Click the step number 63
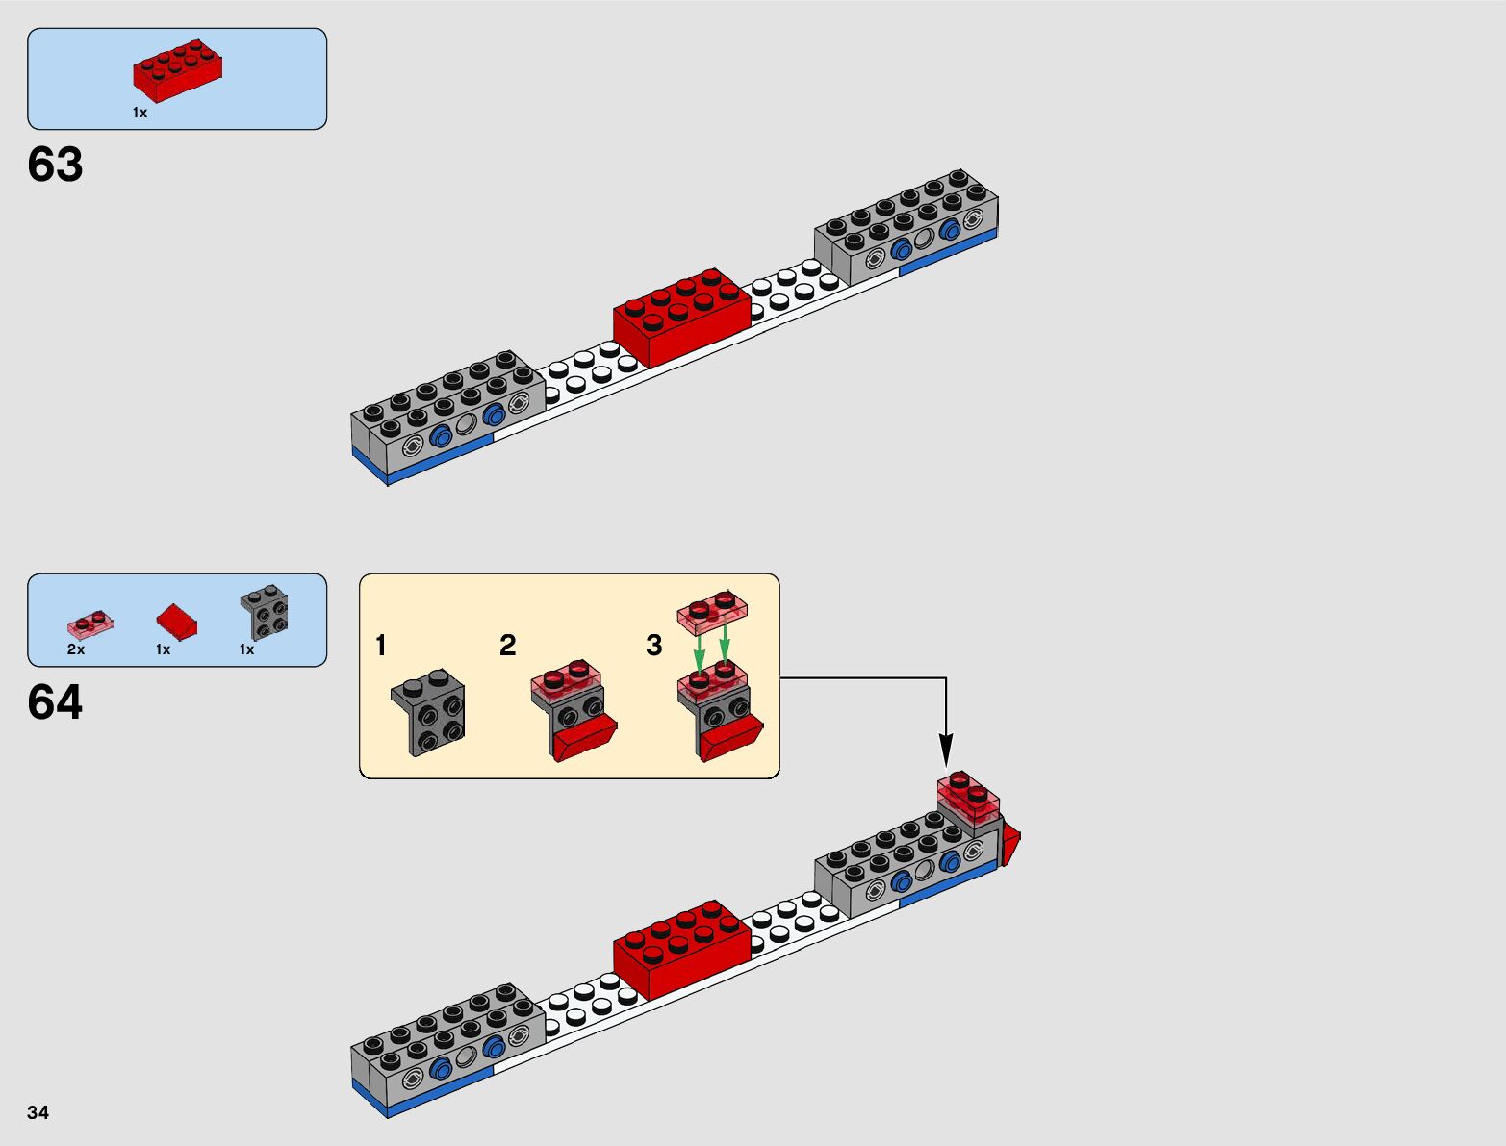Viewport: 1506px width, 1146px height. point(55,165)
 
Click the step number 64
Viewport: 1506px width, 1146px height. point(55,702)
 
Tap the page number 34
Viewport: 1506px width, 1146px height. point(38,1112)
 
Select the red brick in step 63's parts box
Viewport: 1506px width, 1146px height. point(177,70)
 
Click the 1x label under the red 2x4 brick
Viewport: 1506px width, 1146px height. point(140,113)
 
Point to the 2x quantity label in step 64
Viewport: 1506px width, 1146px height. point(75,649)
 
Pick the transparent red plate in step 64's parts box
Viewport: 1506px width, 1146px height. point(89,624)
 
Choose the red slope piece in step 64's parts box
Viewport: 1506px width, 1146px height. point(176,622)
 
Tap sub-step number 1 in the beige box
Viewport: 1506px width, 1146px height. point(381,646)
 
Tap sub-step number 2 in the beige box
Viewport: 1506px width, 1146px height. point(507,646)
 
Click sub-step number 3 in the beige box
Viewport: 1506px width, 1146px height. point(653,646)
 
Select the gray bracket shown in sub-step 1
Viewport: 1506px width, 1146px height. point(428,713)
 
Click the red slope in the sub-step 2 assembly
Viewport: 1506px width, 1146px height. point(584,738)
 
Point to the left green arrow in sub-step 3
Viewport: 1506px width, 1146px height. point(700,652)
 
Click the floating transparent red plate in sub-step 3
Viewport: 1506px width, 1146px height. point(712,612)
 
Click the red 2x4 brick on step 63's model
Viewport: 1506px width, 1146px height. point(681,317)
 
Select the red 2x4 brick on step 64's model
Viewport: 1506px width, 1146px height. point(681,949)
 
